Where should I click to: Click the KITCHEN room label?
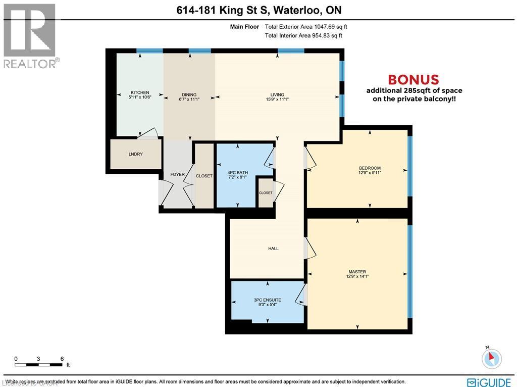pyautogui.click(x=140, y=92)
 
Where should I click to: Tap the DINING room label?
pyautogui.click(x=189, y=94)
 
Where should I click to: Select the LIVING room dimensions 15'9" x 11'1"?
pyautogui.click(x=277, y=100)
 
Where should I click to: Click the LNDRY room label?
pyautogui.click(x=136, y=154)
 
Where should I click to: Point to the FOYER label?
pyautogui.click(x=177, y=175)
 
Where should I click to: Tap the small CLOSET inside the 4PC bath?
pyautogui.click(x=266, y=192)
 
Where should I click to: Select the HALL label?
pyautogui.click(x=273, y=248)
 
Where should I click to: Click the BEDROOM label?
pyautogui.click(x=370, y=168)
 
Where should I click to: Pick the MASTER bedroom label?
pyautogui.click(x=356, y=271)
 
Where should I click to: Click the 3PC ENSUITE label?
pyautogui.click(x=267, y=300)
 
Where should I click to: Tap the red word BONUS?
pyautogui.click(x=413, y=80)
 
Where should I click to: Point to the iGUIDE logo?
pyautogui.click(x=489, y=382)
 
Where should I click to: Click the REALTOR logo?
pyautogui.click(x=30, y=35)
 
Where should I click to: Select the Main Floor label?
pyautogui.click(x=244, y=27)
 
